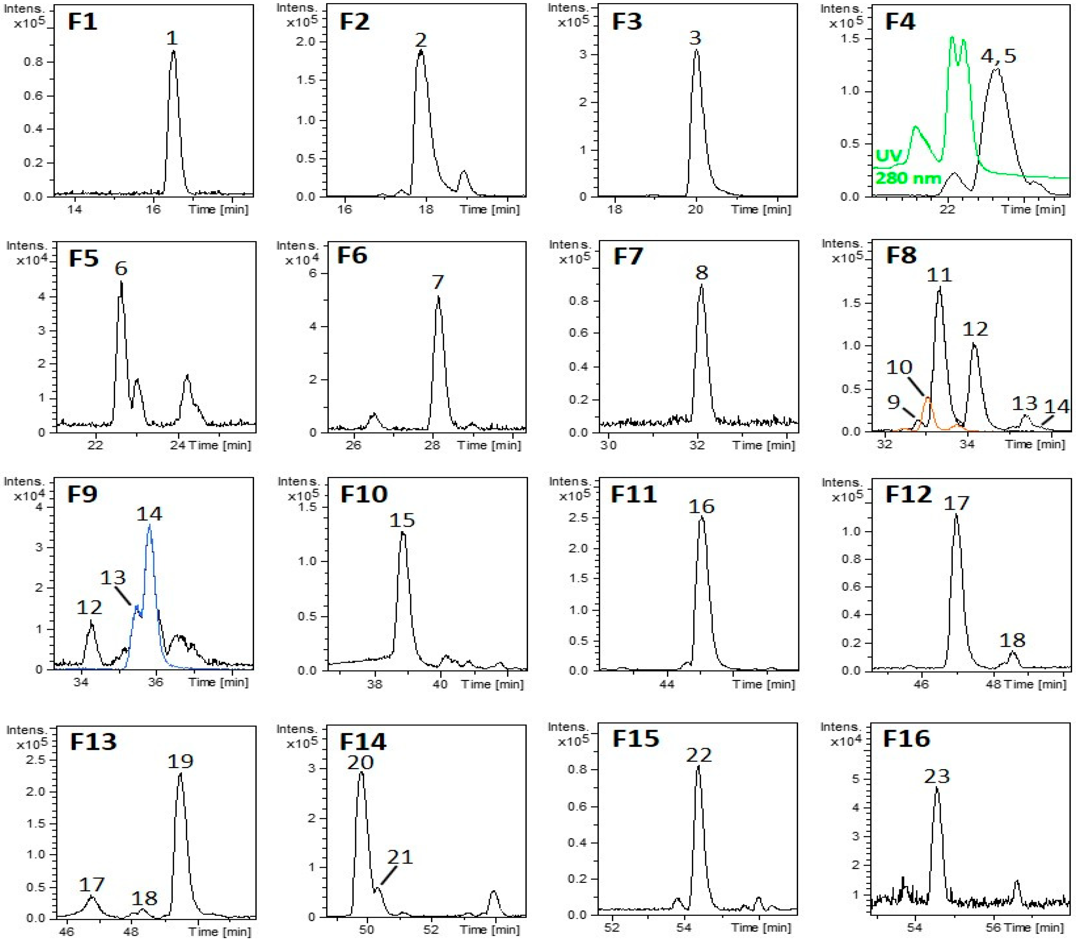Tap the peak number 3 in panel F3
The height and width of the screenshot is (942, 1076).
(695, 38)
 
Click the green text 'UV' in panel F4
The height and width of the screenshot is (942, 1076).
(888, 156)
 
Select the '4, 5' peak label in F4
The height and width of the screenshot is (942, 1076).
(998, 56)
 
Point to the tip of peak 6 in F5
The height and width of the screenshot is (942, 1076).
(121, 283)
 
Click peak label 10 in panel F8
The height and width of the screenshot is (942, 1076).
(899, 367)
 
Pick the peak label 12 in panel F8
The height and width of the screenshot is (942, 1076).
(975, 329)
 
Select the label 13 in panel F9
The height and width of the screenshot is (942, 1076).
(113, 578)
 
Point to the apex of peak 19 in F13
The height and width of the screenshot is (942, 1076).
(180, 773)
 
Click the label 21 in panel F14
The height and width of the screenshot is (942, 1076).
(400, 857)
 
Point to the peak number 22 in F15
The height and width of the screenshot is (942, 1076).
(698, 755)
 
